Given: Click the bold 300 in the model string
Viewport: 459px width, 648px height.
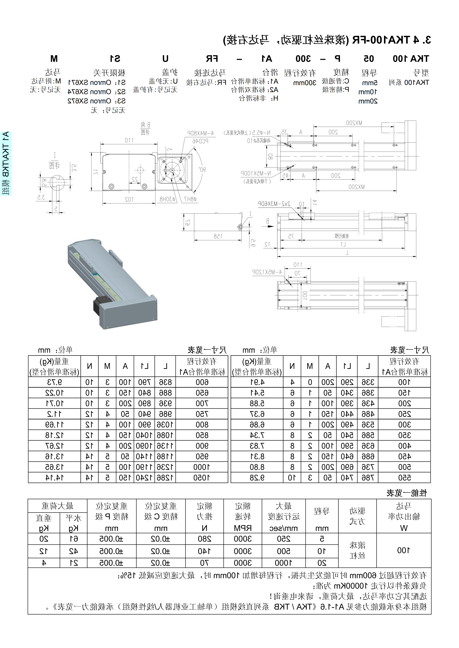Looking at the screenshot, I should click(x=303, y=59).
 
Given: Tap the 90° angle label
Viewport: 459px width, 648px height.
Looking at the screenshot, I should click(x=203, y=170).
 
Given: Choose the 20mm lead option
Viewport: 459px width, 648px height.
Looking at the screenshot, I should click(x=368, y=101).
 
